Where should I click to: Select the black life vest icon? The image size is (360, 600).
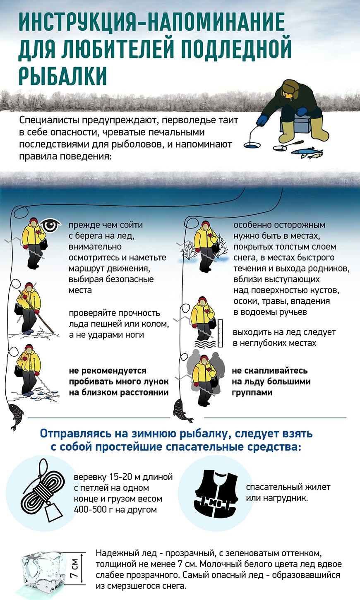point(216,495)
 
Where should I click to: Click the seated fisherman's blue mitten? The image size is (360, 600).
point(262,121)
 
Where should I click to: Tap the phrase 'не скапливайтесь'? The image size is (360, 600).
point(269,370)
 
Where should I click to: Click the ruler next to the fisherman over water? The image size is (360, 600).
point(220,333)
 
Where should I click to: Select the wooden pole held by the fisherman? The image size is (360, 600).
point(39,314)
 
